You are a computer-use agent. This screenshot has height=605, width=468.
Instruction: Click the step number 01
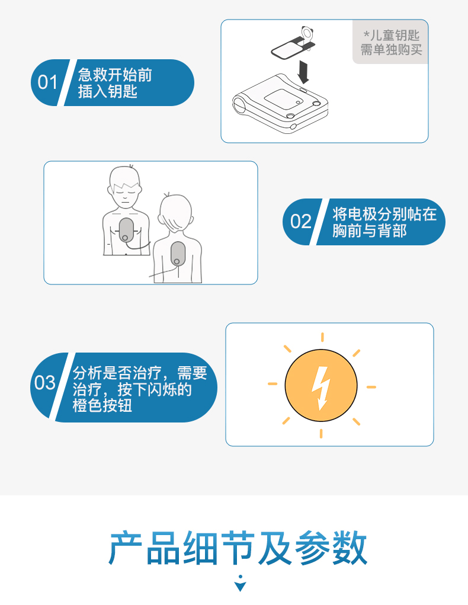pos(47,82)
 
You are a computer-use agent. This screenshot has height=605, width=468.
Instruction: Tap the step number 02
pos(300,222)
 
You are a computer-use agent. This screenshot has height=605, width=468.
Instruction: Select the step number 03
pos(44,383)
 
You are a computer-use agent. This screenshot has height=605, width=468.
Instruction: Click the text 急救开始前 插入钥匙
pos(115,83)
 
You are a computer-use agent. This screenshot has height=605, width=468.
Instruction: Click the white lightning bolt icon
pos(321,388)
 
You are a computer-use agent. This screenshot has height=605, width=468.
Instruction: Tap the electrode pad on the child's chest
pos(126,230)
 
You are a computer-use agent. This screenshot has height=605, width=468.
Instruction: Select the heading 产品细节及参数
pos(238,548)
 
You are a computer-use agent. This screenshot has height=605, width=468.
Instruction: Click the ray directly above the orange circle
pos(322,337)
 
